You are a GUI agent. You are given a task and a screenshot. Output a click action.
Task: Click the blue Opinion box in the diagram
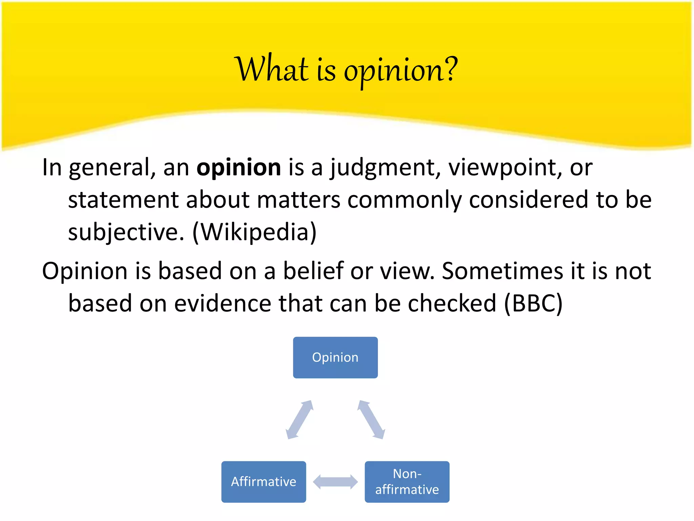coord(335,358)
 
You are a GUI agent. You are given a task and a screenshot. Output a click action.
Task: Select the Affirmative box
coord(264,482)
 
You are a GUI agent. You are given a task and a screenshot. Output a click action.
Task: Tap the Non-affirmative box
coord(407,482)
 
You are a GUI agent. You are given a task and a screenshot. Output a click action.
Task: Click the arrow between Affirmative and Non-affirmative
coord(335,482)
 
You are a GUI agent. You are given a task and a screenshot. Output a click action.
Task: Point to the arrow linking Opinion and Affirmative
coord(300,420)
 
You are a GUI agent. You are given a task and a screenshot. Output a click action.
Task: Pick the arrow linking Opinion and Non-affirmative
coord(371,420)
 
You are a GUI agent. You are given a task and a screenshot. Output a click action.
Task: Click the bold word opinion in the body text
coord(239,168)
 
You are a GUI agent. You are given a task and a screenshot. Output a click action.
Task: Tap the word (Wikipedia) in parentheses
coord(254,232)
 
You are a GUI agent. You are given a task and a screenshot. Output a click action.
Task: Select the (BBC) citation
coord(533,303)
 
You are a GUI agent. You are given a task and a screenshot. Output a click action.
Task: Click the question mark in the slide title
coord(450,69)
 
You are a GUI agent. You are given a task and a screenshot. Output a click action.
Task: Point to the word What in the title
coord(271,69)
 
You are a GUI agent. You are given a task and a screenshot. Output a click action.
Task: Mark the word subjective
coord(126,232)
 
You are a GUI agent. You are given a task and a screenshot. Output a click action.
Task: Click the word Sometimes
coord(502,271)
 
